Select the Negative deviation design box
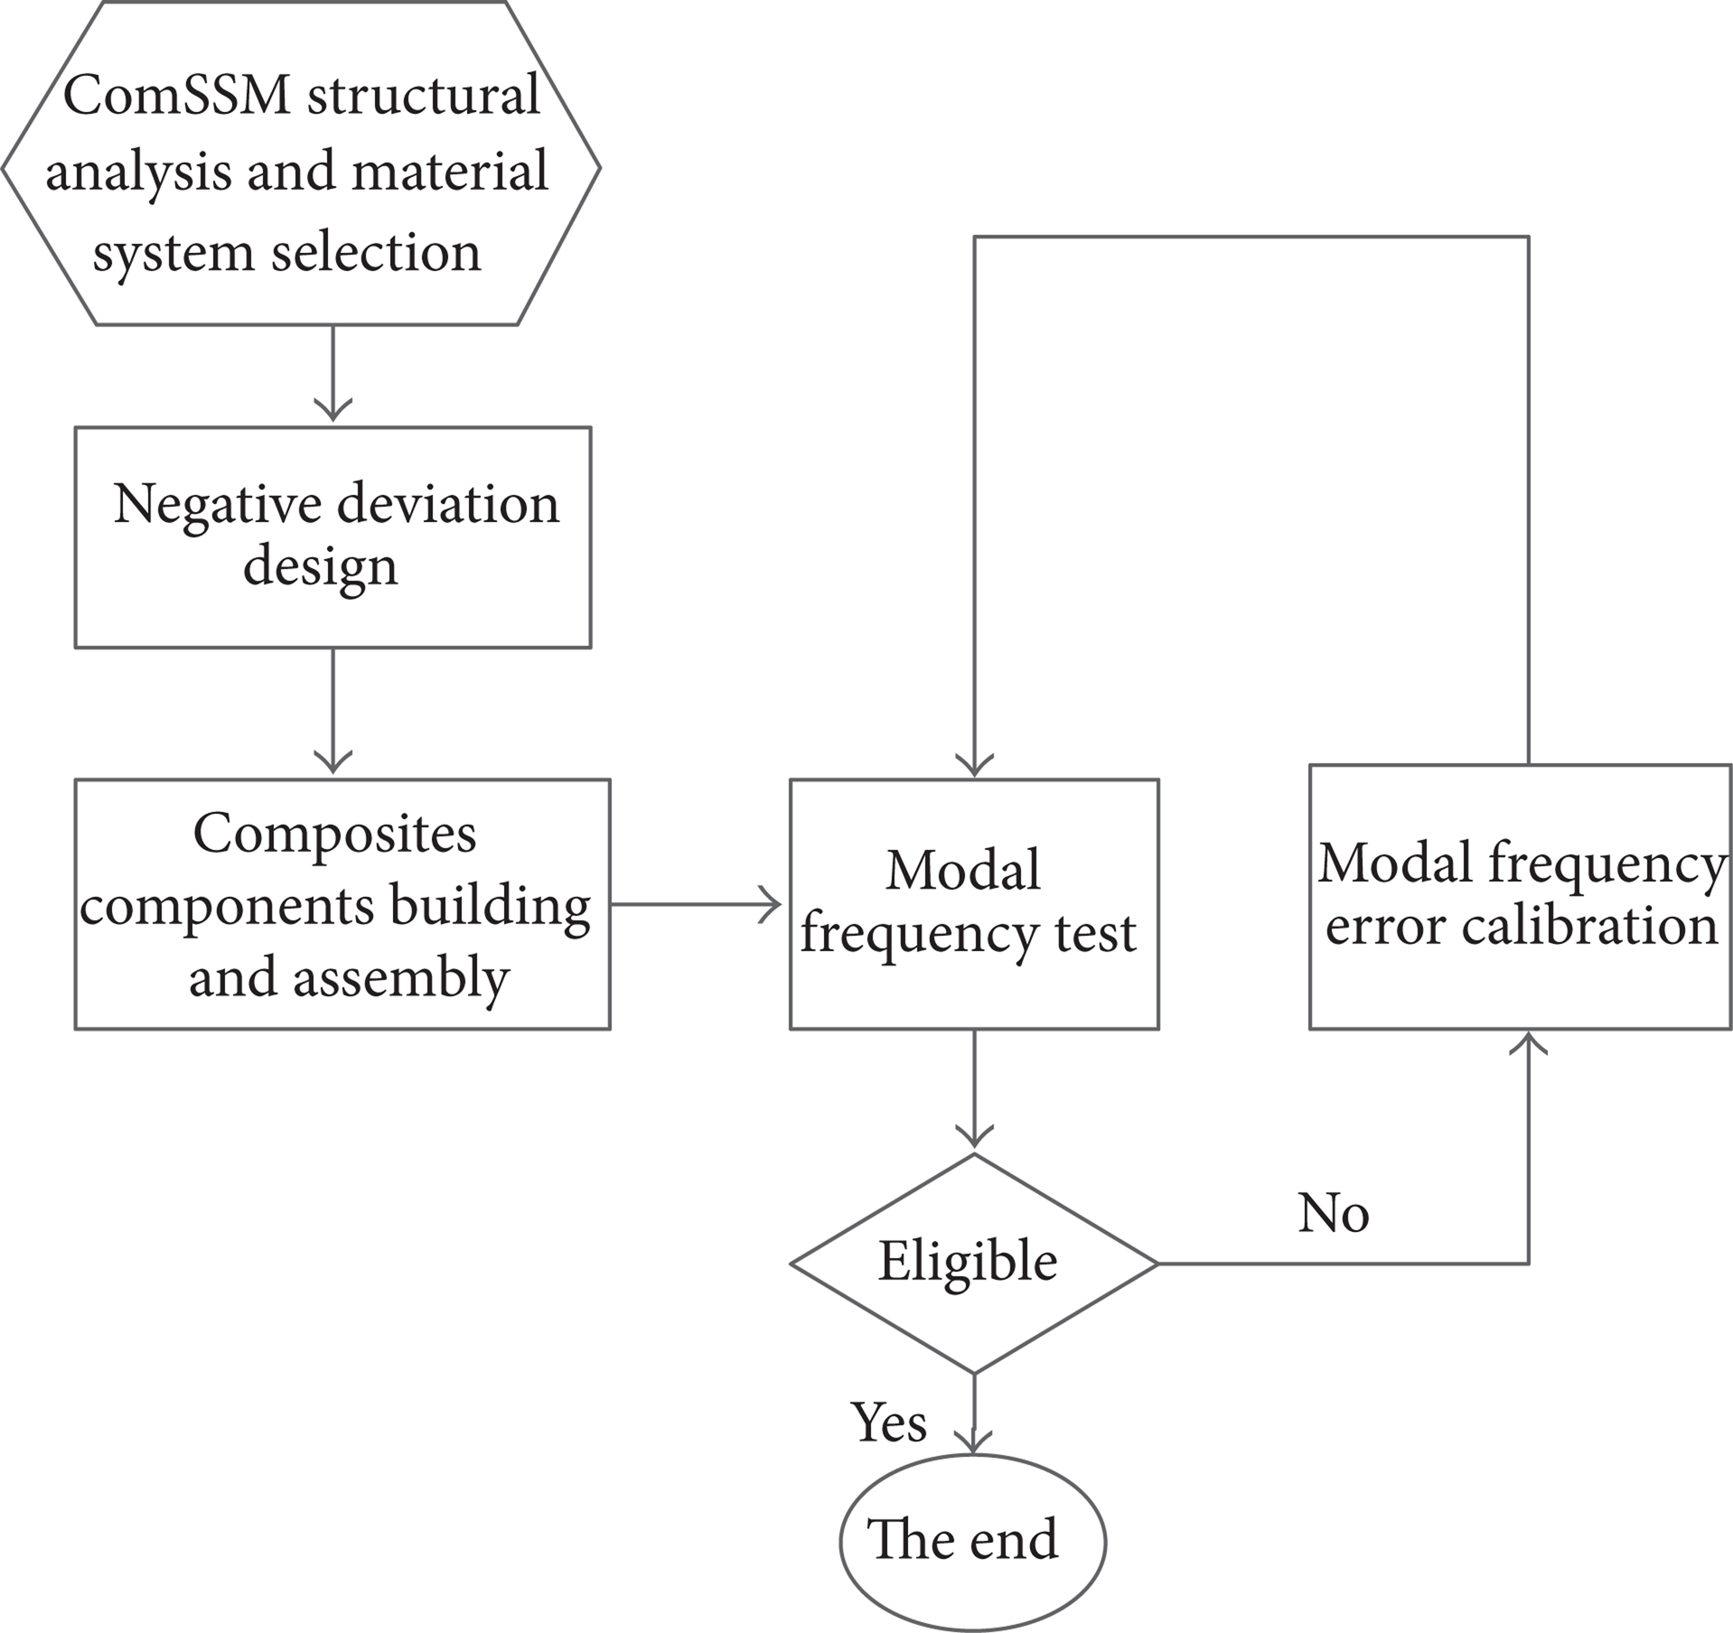tap(333, 537)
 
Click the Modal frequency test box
tap(974, 904)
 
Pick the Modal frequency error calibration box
tap(1521, 897)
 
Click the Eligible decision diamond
tap(974, 1264)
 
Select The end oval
tap(973, 1542)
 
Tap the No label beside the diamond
tap(1334, 1213)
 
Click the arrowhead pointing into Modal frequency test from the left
tap(771, 904)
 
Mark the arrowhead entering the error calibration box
tap(1529, 1044)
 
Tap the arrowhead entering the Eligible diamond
tap(974, 1136)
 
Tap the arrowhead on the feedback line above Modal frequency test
tap(974, 764)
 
